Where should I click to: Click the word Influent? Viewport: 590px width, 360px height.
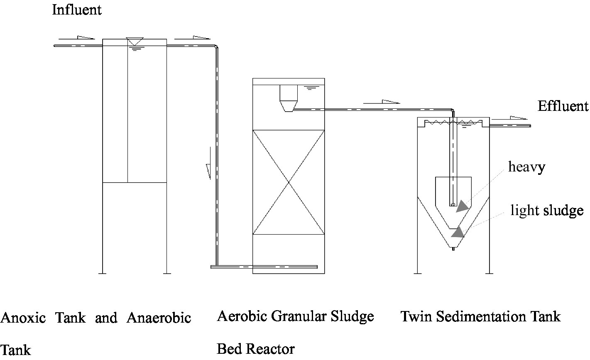tap(76, 10)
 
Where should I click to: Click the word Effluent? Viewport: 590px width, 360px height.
tap(563, 106)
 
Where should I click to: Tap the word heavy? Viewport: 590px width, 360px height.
tap(526, 167)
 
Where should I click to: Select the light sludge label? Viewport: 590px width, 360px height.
tap(547, 211)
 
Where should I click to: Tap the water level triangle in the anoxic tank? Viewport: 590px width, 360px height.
tap(135, 42)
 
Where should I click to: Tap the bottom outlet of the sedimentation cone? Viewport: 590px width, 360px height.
tap(453, 249)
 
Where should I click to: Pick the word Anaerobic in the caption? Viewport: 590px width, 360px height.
tap(159, 318)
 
